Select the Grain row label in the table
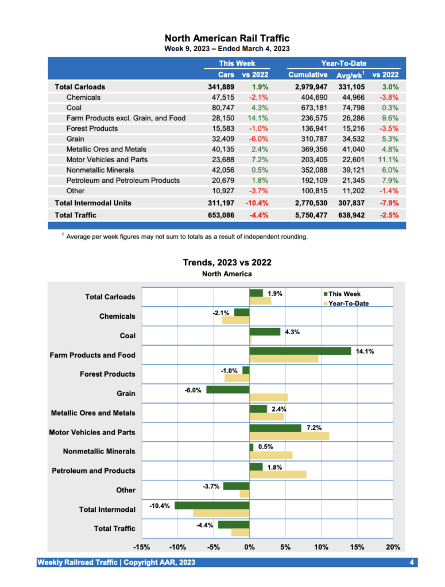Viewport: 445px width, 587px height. tap(75, 139)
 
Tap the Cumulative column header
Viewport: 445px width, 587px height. tap(308, 75)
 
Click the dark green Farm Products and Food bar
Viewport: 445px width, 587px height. tap(300, 351)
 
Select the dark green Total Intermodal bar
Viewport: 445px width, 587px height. tap(212, 506)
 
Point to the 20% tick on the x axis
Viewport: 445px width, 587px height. tap(393, 547)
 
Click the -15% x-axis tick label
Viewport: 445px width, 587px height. tap(142, 547)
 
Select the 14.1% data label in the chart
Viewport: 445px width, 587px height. tap(366, 351)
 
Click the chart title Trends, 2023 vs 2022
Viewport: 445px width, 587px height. tap(227, 263)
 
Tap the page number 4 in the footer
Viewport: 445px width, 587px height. tap(412, 562)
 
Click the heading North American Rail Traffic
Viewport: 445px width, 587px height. tap(227, 38)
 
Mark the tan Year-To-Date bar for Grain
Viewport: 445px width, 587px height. tap(268, 397)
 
